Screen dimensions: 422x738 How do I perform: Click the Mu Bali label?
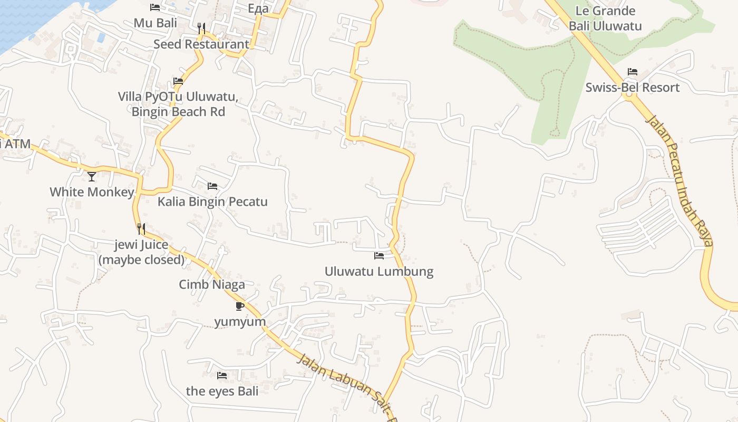tap(155, 23)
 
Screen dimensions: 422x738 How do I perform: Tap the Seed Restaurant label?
tap(201, 44)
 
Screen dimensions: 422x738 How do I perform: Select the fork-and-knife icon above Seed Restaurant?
tap(201, 28)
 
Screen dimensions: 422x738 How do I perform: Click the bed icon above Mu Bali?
tap(155, 7)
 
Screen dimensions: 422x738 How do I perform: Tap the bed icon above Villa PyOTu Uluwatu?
tap(178, 82)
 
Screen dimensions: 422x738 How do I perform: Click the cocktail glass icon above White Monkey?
tap(92, 176)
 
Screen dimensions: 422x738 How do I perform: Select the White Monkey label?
tap(92, 192)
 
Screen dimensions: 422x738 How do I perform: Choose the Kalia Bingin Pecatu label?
tap(212, 202)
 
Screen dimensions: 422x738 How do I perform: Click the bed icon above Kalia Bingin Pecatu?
tap(212, 186)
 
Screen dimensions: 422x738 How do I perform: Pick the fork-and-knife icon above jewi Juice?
tap(141, 228)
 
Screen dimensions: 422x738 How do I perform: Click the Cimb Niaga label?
tap(212, 285)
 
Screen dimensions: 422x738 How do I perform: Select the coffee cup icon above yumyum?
tap(240, 306)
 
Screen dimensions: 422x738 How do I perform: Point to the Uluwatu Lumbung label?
tap(379, 272)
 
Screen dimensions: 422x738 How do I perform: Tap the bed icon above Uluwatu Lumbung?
tap(379, 256)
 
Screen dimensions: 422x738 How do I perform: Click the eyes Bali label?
tap(222, 391)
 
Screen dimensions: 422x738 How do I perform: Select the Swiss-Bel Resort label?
tap(633, 88)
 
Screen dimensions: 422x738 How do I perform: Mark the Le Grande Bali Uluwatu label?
tap(605, 18)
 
